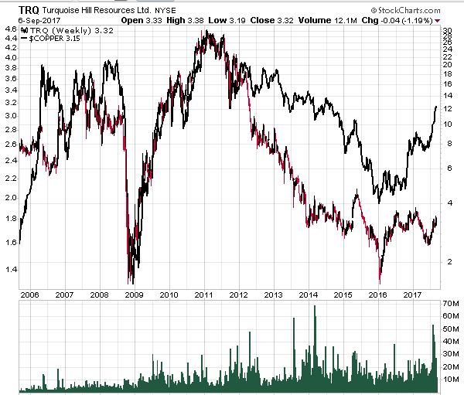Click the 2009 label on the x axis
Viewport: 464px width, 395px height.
point(134,294)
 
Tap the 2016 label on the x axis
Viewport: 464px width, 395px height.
point(378,294)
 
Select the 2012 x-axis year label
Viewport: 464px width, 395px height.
point(238,294)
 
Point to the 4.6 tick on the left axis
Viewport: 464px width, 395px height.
point(11,29)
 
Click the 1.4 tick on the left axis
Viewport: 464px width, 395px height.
point(11,269)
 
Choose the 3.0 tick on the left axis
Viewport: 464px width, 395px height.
point(11,117)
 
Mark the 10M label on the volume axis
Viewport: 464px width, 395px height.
point(452,380)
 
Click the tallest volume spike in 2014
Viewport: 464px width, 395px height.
point(315,308)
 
